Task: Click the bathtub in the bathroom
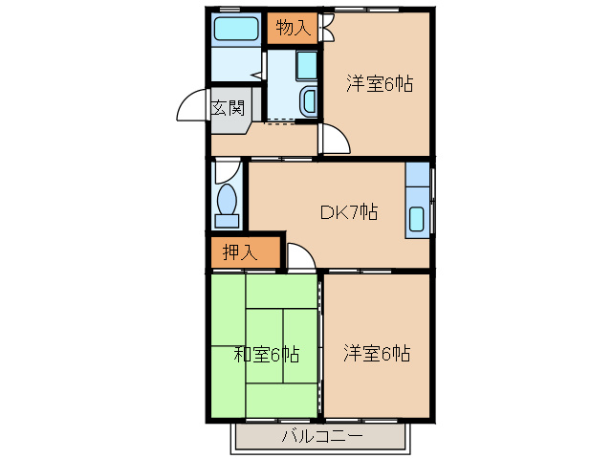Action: pyautogui.click(x=236, y=29)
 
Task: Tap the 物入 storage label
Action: pyautogui.click(x=293, y=29)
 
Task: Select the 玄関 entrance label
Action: pyautogui.click(x=228, y=107)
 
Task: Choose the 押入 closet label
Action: pyautogui.click(x=240, y=253)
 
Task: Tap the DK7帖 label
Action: pyautogui.click(x=348, y=212)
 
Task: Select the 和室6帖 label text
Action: pyautogui.click(x=267, y=355)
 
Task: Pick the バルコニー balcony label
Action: pyautogui.click(x=321, y=437)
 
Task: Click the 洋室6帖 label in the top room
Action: pyautogui.click(x=379, y=84)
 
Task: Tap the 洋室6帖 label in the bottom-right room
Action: pyautogui.click(x=377, y=355)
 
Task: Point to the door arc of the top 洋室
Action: pyautogui.click(x=335, y=140)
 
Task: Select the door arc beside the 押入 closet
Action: pyautogui.click(x=300, y=257)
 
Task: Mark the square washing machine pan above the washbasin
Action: pyautogui.click(x=307, y=65)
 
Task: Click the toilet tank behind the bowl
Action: pyautogui.click(x=228, y=221)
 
